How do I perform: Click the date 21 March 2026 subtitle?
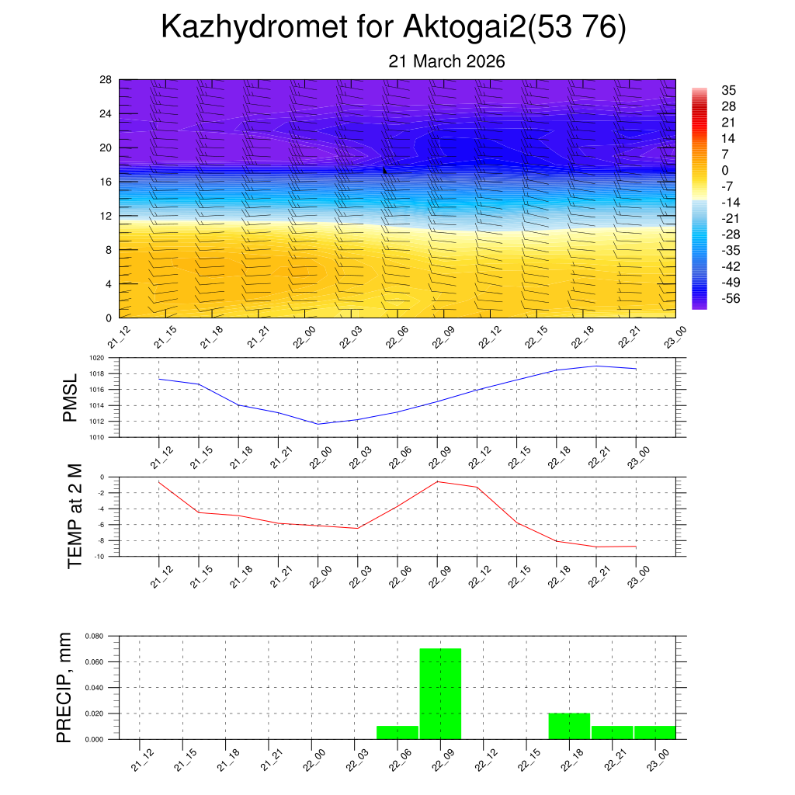[x=446, y=61]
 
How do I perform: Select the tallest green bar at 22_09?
[x=440, y=693]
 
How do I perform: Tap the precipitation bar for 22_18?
[x=569, y=726]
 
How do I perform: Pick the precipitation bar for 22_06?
[x=397, y=732]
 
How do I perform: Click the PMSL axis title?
[x=70, y=397]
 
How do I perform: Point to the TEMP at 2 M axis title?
[x=75, y=516]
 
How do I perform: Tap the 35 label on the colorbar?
[x=728, y=90]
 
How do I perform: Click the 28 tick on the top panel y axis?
[x=106, y=80]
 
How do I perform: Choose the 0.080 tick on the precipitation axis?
[x=94, y=637]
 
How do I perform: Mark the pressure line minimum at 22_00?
[x=318, y=424]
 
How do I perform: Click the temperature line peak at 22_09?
[x=437, y=481]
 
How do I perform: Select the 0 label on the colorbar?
[x=724, y=171]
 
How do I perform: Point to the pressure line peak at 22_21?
[x=596, y=366]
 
